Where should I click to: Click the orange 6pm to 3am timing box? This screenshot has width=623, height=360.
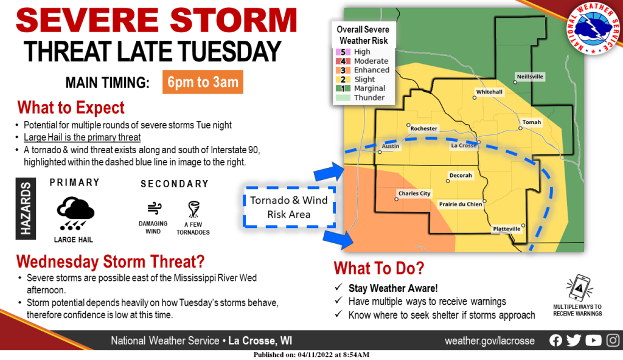203,82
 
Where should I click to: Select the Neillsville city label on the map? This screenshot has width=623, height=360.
530,77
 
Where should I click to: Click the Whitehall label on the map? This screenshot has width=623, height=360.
489,92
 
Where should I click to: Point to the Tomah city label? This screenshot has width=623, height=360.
531,122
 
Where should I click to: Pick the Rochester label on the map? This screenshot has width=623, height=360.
424,129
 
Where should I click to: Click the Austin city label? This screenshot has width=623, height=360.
390,147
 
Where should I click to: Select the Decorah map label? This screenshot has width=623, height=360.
460,175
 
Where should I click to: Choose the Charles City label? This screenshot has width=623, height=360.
414,194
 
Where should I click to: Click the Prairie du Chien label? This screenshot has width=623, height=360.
460,204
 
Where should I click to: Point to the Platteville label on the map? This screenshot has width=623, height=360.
506,229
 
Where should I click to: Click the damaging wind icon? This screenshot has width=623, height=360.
153,209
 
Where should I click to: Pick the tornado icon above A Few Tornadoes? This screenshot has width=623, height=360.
195,209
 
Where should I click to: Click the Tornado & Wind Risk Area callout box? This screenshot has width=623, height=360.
289,206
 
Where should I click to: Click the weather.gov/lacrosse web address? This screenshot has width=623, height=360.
491,341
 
